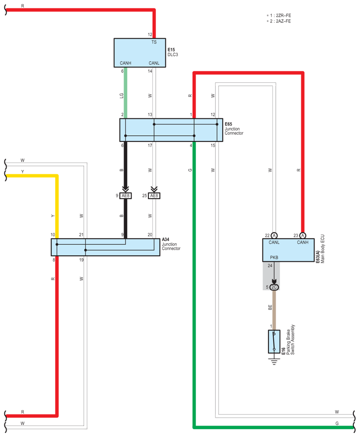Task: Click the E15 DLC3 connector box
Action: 140,52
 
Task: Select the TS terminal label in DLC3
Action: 154,42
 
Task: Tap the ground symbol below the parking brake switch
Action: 274,362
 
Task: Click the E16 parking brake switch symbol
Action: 274,342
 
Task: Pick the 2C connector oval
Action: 274,287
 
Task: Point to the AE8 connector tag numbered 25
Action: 154,196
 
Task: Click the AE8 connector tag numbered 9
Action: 125,196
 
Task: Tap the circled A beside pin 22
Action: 274,235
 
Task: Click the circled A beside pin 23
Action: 302,235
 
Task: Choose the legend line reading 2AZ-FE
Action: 280,21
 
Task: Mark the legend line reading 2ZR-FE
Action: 280,15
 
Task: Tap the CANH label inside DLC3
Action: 125,63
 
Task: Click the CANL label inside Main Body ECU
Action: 274,242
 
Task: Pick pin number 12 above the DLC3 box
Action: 150,35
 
